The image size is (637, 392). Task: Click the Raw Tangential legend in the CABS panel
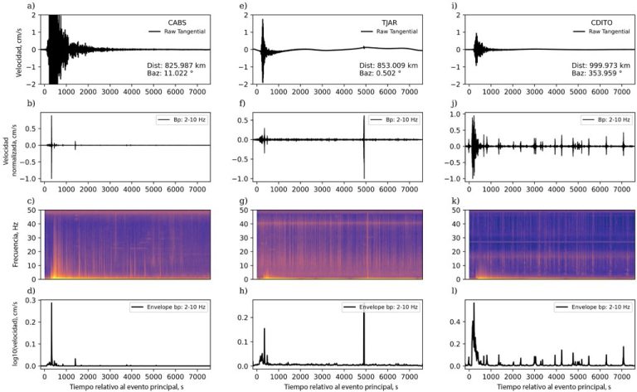(177, 31)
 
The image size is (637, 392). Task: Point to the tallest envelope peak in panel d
(51, 305)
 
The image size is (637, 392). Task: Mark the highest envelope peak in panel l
(474, 304)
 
